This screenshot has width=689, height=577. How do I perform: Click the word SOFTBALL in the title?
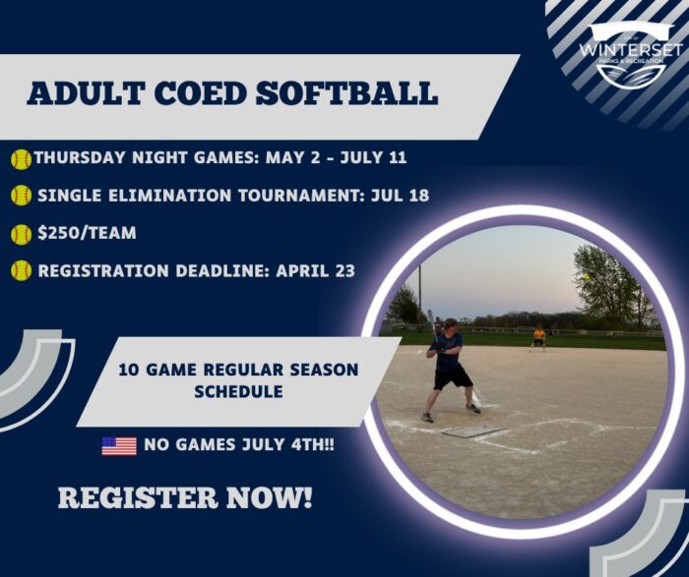(346, 92)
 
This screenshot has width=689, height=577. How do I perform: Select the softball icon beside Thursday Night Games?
(21, 159)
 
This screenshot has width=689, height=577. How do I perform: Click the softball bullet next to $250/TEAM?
(21, 234)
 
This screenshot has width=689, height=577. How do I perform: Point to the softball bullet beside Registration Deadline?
(21, 270)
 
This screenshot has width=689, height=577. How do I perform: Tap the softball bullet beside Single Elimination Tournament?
(21, 196)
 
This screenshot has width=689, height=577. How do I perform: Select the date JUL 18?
(400, 195)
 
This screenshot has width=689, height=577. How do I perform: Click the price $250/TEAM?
(87, 233)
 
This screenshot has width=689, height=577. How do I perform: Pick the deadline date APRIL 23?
(315, 270)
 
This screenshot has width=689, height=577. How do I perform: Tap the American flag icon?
(119, 446)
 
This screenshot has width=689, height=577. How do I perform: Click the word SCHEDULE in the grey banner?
(238, 391)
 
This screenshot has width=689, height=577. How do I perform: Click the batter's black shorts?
(453, 376)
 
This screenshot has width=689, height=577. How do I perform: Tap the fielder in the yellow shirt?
(538, 338)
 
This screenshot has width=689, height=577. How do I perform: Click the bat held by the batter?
(434, 328)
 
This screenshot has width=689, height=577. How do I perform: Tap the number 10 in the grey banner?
(128, 370)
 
